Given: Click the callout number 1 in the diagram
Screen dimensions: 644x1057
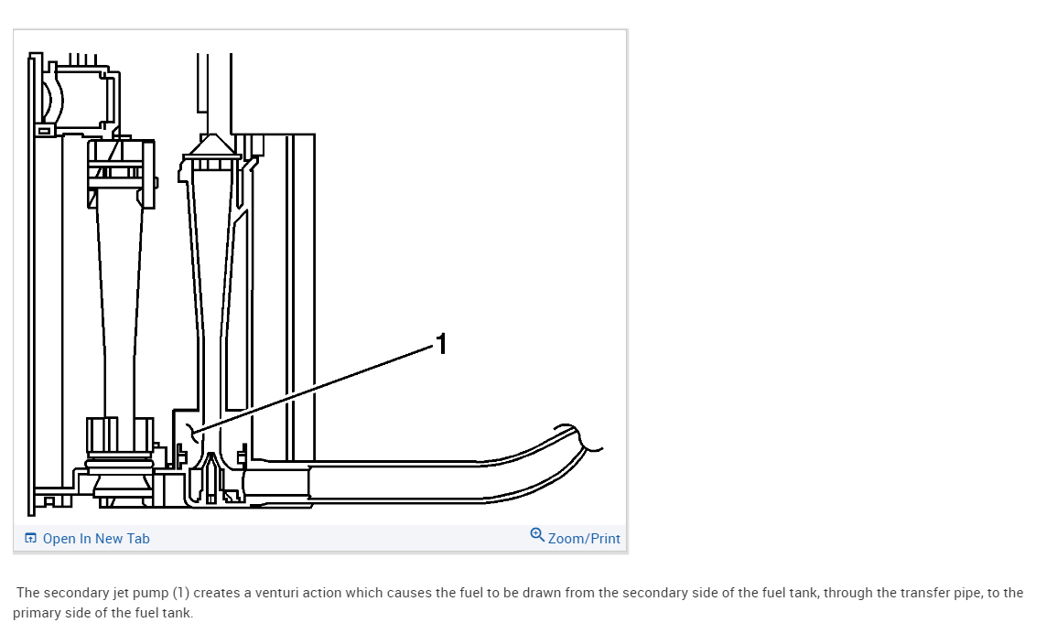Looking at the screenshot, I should point(442,344).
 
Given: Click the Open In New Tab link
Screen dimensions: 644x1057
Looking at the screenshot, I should point(95,539).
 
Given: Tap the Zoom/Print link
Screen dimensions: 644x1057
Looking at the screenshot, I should point(584,539).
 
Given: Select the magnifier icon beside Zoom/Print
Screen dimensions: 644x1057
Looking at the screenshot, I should point(537,535).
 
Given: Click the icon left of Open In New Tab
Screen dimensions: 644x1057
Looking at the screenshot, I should point(30,538).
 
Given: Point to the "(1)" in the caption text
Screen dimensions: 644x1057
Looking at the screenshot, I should point(180,593).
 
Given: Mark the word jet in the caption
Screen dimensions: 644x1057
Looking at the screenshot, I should point(120,593).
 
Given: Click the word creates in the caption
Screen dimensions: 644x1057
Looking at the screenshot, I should point(218,593).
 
